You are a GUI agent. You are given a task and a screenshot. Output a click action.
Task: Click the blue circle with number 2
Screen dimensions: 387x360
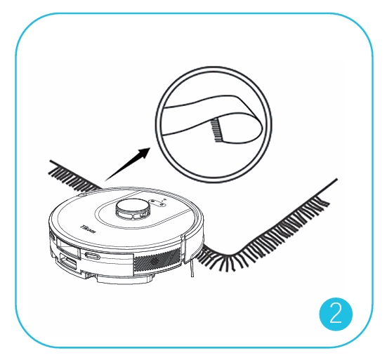pyautogui.click(x=336, y=314)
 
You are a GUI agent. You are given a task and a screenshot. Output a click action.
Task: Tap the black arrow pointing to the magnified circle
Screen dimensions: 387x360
pyautogui.click(x=127, y=164)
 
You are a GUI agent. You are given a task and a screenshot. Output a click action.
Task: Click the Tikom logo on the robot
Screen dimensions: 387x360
pyautogui.click(x=88, y=229)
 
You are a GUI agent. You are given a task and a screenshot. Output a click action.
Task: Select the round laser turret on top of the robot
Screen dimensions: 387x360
pyautogui.click(x=133, y=209)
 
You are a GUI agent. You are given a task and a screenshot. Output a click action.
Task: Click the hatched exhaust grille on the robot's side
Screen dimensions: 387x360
pyautogui.click(x=157, y=261)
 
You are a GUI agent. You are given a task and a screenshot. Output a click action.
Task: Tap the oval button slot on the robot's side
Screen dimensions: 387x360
pyautogui.click(x=92, y=256)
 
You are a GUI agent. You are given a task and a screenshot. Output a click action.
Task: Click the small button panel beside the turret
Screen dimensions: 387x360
pyautogui.click(x=157, y=202)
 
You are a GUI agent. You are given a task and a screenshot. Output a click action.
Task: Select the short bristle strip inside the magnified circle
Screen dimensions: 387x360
pyautogui.click(x=217, y=130)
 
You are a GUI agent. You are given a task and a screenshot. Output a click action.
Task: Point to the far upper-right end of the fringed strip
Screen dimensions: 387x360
pyautogui.click(x=337, y=179)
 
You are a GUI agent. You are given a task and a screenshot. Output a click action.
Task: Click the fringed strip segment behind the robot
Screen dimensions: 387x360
pyautogui.click(x=74, y=176)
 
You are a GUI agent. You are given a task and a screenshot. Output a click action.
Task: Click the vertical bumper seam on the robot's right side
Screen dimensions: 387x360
pyautogui.click(x=183, y=249)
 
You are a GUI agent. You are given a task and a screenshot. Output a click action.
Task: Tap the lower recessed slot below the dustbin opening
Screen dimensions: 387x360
pyautogui.click(x=67, y=262)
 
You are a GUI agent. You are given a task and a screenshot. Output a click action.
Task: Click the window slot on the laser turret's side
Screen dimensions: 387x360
pyautogui.click(x=128, y=216)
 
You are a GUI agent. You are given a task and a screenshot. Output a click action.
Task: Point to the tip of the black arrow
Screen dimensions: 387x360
pyautogui.click(x=150, y=147)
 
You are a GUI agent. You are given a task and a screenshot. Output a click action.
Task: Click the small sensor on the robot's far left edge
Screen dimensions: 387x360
pyautogui.click(x=52, y=236)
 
